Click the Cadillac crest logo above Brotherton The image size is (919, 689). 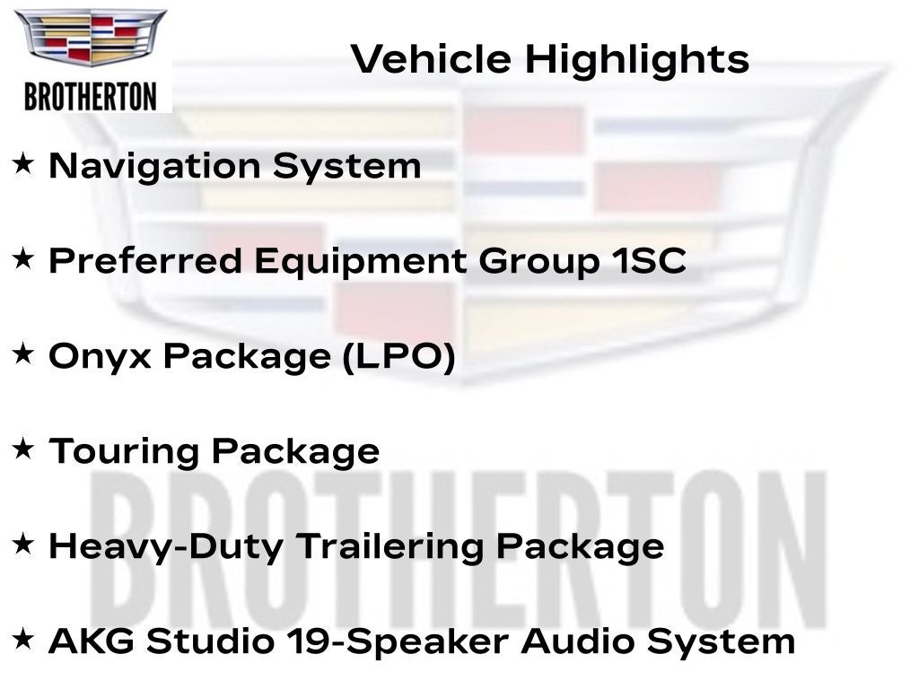point(91,36)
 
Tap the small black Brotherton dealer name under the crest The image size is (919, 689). point(91,97)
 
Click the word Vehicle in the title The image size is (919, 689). point(431,59)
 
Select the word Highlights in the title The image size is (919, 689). point(637,60)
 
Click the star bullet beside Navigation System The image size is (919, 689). point(23,163)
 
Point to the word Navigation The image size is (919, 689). point(154,167)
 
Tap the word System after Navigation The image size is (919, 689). point(347,167)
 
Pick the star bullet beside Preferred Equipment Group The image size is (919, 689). point(23,258)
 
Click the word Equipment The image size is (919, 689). point(361,262)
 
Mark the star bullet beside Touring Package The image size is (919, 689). point(23,449)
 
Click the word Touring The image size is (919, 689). point(124,452)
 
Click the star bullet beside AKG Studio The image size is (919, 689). point(23,639)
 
